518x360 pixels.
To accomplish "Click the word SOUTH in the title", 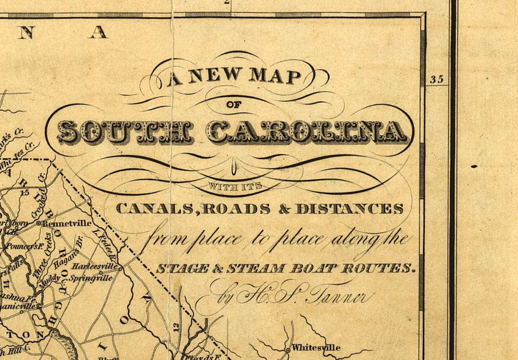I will tap(125, 132).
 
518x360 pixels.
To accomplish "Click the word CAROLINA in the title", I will tap(307, 132).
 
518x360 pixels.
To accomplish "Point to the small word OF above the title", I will tap(234, 105).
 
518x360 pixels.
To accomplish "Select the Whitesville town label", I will tap(316, 347).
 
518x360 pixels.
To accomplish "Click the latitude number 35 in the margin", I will tap(437, 79).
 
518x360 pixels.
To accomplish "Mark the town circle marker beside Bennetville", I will tap(39, 223).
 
